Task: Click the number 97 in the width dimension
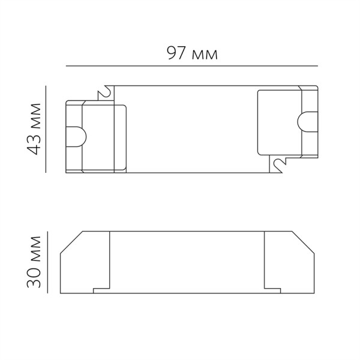[x=174, y=54]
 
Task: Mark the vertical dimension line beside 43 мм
[x=46, y=129]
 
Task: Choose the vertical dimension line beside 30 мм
[x=46, y=262]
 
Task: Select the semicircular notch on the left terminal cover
[x=77, y=137]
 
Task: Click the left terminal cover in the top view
[x=96, y=137]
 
